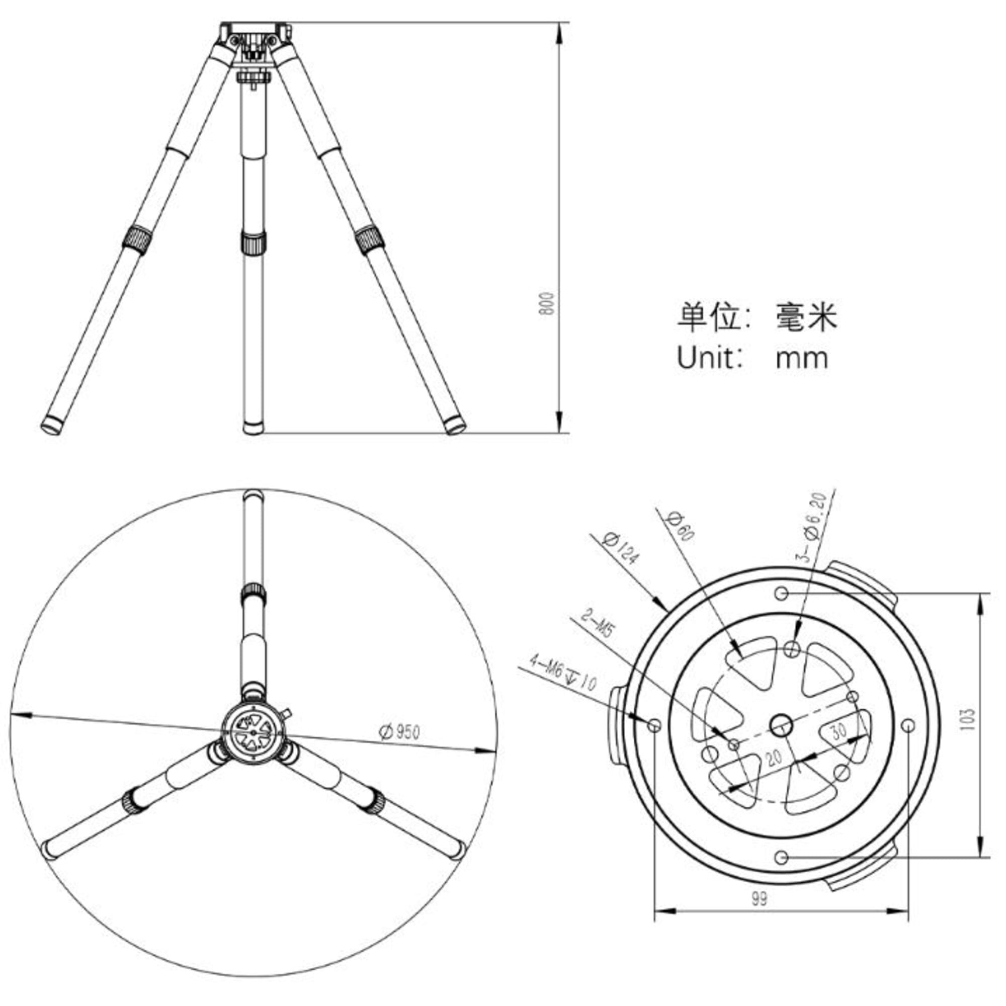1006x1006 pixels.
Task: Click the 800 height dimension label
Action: (x=547, y=304)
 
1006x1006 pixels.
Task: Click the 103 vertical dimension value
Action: (x=968, y=720)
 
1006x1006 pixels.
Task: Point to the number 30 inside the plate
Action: (x=839, y=731)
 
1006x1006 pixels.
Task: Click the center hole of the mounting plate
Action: (x=781, y=724)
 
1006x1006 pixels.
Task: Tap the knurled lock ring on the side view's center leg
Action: (x=254, y=242)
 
